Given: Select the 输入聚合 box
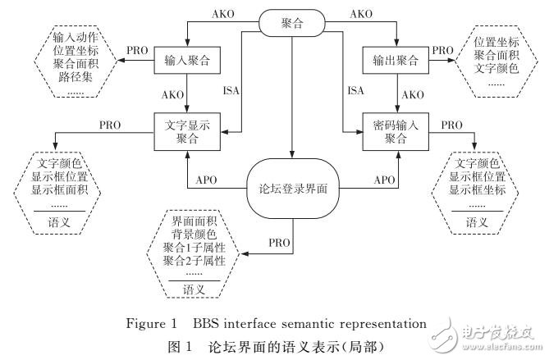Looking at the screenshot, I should tap(187, 59).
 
